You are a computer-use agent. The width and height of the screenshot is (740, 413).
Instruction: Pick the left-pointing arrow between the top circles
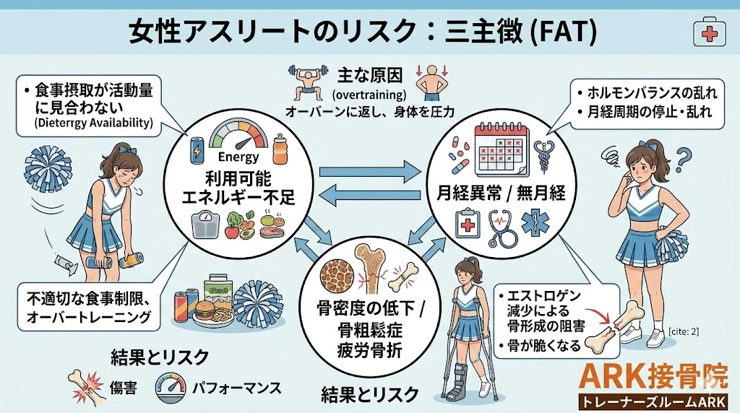click(370, 194)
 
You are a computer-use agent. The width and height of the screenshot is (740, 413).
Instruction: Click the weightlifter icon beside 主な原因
click(307, 81)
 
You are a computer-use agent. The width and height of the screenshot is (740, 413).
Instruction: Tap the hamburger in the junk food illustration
click(205, 313)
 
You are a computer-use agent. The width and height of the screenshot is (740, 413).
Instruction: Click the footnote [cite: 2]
click(687, 331)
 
